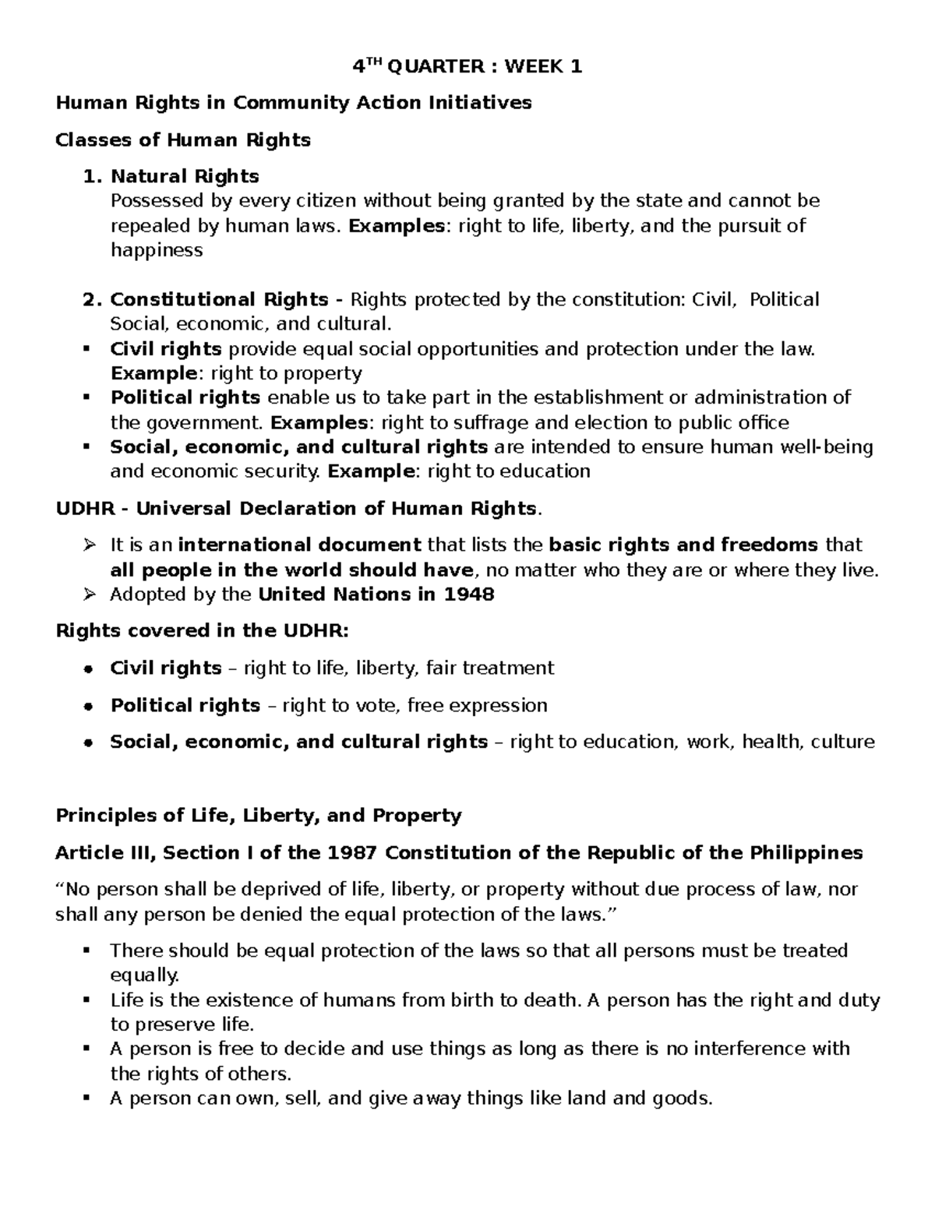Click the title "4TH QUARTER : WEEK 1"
coord(467,67)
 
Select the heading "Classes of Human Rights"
coord(183,140)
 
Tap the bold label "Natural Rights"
coord(185,177)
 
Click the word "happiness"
coord(157,251)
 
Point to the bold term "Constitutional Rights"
coord(219,300)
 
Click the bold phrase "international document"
coord(299,545)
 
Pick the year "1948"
coord(469,595)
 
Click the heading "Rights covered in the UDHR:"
coord(203,631)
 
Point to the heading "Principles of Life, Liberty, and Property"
coord(259,816)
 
